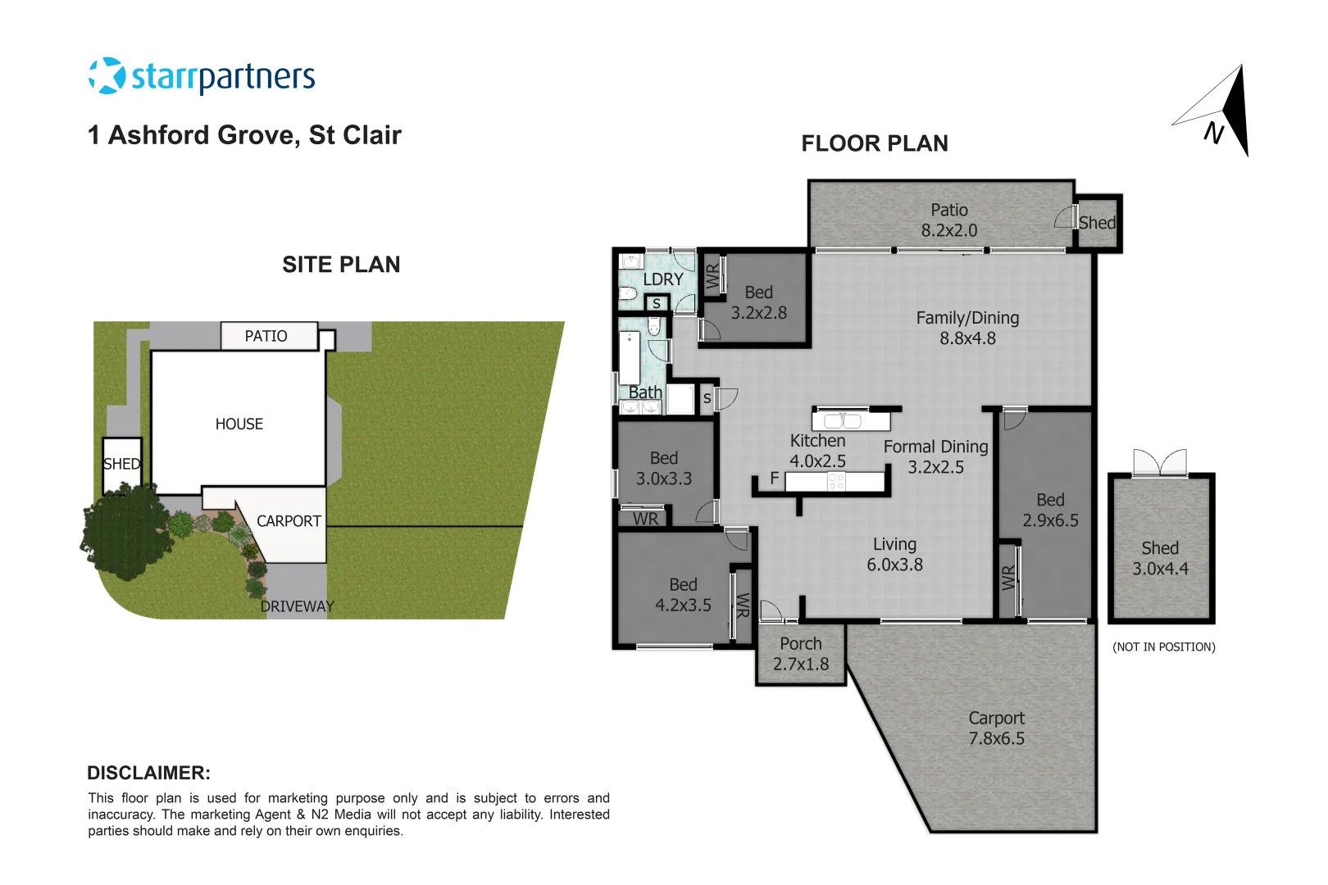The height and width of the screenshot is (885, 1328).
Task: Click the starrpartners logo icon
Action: pos(107,76)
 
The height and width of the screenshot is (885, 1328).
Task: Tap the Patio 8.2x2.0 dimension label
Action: pos(948,220)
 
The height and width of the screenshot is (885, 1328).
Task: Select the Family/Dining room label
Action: pos(967,328)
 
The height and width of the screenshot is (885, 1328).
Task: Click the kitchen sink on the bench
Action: pos(843,421)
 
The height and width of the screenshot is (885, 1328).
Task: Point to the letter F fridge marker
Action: pos(775,479)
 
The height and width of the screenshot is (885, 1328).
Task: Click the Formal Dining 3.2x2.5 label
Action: pos(935,456)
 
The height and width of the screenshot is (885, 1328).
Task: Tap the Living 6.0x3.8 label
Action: pos(894,554)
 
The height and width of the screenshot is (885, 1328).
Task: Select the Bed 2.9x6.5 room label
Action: pos(1050,510)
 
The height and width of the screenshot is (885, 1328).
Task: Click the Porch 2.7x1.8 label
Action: pos(801,654)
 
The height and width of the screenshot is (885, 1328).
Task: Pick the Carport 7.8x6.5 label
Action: pos(996,728)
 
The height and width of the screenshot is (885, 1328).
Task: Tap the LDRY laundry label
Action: pos(662,279)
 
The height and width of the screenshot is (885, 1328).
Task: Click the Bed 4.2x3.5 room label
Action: pos(683,595)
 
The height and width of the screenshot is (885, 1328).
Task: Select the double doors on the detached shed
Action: pos(1160,462)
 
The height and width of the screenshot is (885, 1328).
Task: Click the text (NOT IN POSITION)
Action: pos(1163,647)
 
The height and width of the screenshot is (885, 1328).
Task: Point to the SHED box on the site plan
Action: pos(121,465)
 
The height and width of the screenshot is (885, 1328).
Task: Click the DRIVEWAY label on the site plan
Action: pos(297,606)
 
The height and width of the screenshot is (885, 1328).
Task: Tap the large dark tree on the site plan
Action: pos(123,533)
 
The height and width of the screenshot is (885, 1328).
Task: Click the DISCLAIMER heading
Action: pos(148,773)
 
